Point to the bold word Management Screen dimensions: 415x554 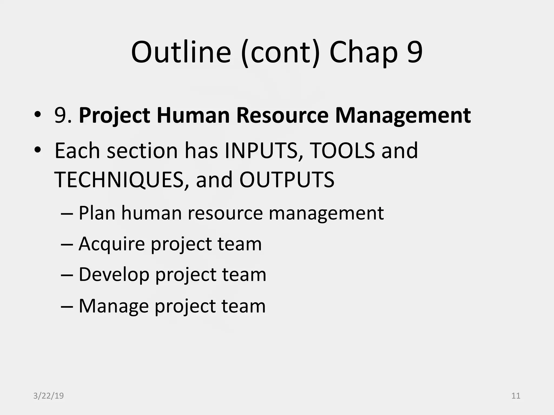click(403, 116)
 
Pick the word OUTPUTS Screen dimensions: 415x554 click(287, 180)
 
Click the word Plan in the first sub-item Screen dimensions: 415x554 click(97, 213)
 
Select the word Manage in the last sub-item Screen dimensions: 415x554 click(114, 306)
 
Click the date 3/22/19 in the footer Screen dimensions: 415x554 click(48, 396)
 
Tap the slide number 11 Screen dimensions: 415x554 click(516, 396)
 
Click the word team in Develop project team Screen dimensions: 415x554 click(244, 275)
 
